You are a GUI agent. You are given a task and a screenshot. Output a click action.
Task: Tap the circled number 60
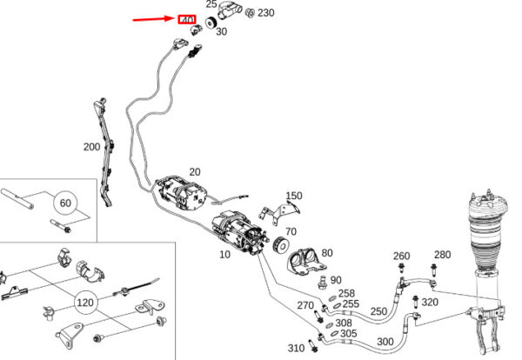64,203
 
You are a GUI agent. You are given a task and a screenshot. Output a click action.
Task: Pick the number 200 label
91,147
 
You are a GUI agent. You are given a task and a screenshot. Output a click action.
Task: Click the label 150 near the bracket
294,196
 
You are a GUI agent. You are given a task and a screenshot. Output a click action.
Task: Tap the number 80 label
326,253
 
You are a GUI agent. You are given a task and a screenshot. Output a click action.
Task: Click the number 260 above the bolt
400,256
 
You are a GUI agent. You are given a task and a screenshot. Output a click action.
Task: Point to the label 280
442,254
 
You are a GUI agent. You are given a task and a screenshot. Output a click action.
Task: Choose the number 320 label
430,303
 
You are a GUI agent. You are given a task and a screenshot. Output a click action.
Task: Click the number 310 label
296,348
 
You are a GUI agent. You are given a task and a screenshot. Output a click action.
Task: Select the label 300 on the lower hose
385,341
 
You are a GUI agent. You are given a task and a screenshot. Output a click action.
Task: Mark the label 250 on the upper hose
378,311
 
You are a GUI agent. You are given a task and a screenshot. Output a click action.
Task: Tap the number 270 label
304,305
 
